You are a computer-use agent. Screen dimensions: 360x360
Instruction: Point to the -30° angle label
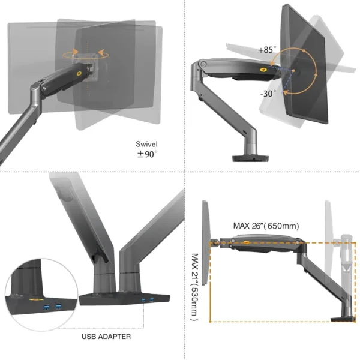[268, 94]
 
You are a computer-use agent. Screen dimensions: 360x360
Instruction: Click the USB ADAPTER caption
[106, 337]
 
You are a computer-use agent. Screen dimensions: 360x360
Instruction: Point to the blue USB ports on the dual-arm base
[147, 299]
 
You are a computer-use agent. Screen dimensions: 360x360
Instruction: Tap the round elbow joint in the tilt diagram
[205, 63]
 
